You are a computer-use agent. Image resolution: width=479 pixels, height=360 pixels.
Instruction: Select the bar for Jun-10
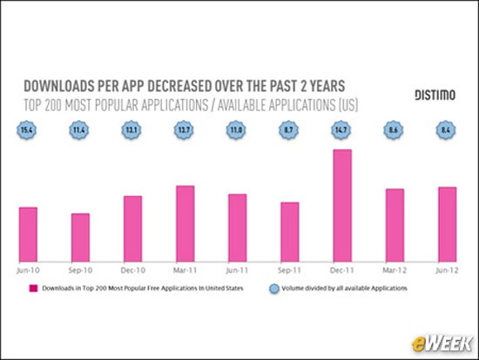[28, 234]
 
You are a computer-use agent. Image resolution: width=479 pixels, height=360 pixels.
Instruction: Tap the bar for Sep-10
[80, 236]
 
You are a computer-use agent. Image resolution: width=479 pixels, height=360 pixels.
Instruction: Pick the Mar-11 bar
[185, 222]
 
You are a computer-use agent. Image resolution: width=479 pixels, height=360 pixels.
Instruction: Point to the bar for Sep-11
[290, 231]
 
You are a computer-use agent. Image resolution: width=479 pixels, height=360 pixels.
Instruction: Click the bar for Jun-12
[447, 223]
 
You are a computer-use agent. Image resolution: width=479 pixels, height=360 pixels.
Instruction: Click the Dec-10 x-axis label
[132, 270]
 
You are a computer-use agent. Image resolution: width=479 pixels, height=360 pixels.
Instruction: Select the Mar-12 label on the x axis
[395, 270]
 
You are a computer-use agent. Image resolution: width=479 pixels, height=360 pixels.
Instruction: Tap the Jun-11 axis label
[238, 270]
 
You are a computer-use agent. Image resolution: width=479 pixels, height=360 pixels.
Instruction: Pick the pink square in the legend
[31, 288]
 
